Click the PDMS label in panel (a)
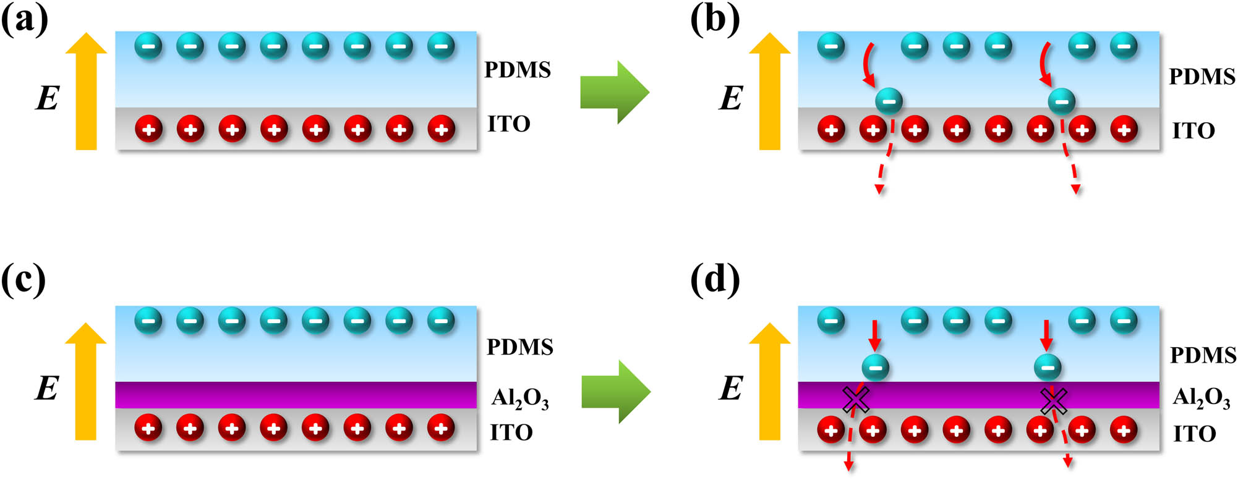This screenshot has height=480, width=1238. pos(517,70)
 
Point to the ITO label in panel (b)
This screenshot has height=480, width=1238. pos(1193,131)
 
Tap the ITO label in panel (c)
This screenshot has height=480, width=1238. pos(511,432)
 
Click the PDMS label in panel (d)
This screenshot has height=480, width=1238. pos(1203,355)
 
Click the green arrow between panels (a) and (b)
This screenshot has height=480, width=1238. pos(614,92)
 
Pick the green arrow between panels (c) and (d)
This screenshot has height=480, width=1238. pos(615,392)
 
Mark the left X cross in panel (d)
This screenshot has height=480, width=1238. pos(856,400)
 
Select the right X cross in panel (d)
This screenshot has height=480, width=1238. pos(1053,400)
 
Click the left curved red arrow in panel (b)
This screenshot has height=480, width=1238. pos(869,65)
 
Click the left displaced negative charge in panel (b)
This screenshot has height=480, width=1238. pos(889,101)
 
